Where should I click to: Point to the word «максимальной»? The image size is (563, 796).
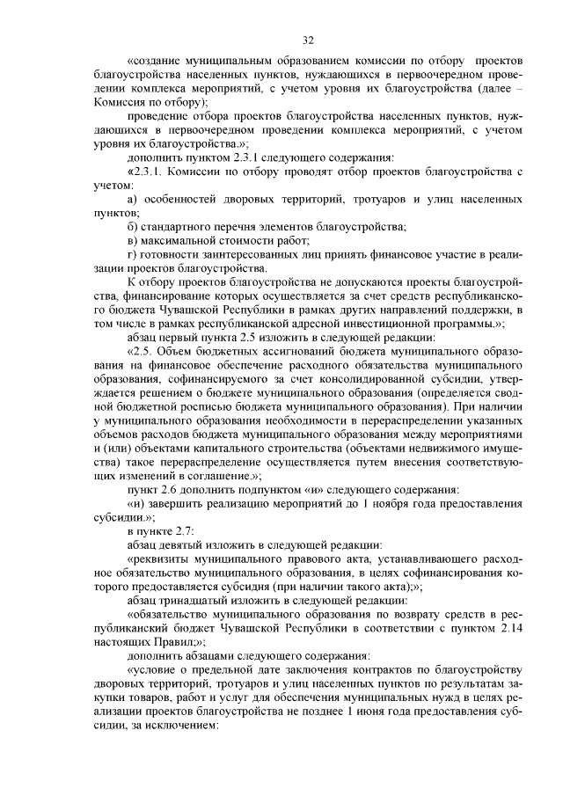(179, 240)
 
